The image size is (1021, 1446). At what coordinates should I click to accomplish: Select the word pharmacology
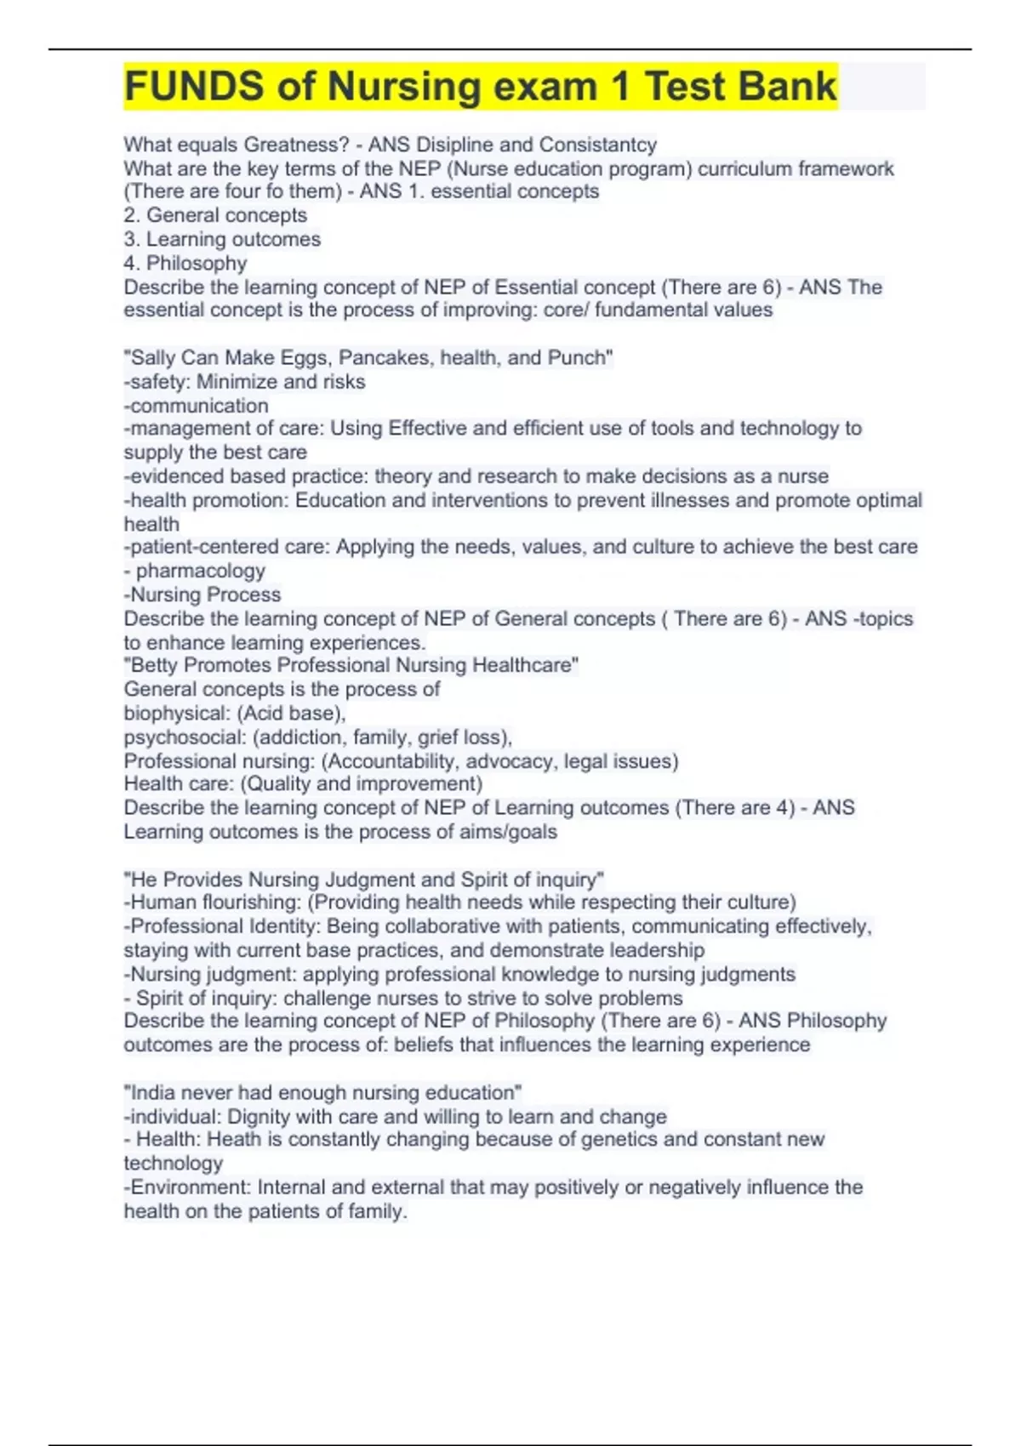point(201,571)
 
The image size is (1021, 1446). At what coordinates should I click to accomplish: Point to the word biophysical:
point(170,713)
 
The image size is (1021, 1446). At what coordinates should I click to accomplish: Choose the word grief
point(440,737)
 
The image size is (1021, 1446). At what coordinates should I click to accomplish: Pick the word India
point(154,1092)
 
